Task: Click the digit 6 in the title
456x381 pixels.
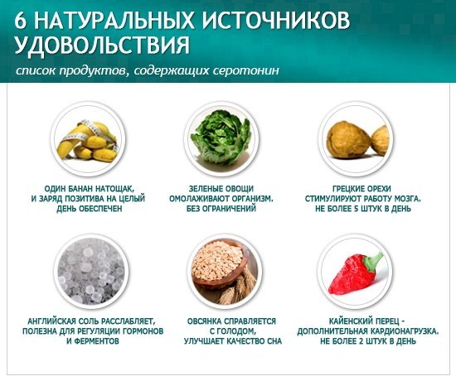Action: (x=21, y=21)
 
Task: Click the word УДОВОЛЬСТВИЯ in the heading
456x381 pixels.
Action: (x=102, y=46)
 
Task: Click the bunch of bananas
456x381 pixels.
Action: (x=88, y=142)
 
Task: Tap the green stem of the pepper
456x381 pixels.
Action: (x=373, y=260)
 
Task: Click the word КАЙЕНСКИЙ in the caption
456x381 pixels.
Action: (x=350, y=321)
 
